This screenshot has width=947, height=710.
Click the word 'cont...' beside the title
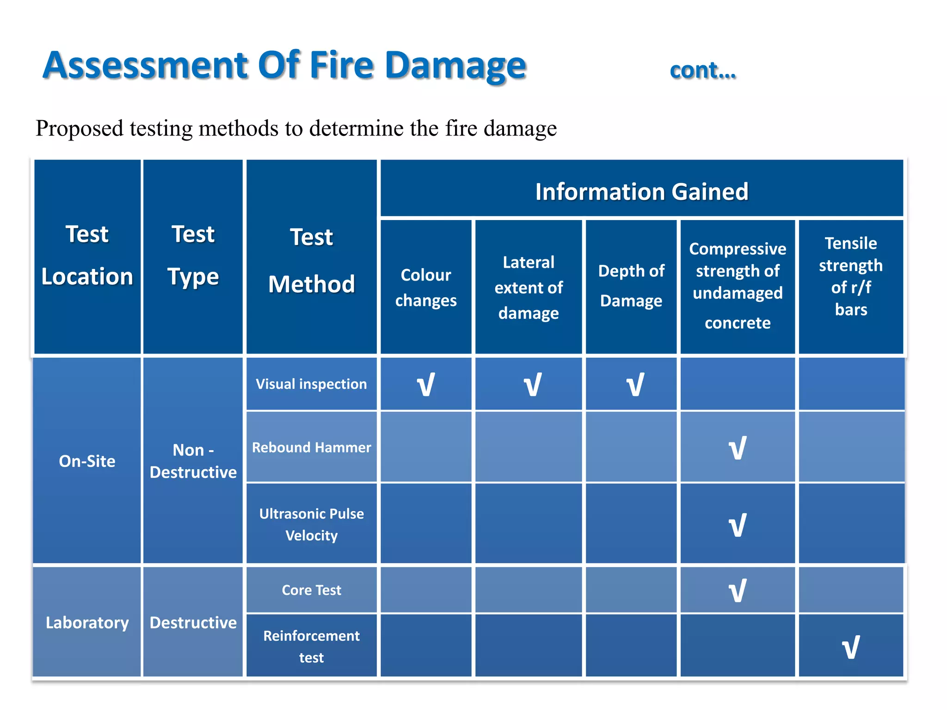[702, 71]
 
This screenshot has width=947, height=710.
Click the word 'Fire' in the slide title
[341, 65]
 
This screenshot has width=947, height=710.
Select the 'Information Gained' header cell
[641, 191]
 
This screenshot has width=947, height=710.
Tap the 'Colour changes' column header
[426, 288]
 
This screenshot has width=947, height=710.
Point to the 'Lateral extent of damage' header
[529, 288]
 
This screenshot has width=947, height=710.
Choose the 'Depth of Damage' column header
[631, 286]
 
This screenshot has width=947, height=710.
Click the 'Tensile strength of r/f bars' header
[851, 276]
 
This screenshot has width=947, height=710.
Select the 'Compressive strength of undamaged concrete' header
[738, 286]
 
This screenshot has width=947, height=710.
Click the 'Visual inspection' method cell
[311, 384]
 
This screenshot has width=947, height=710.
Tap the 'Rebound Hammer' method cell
[311, 447]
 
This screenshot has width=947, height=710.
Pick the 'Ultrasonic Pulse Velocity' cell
[311, 524]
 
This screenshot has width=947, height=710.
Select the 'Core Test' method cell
[311, 590]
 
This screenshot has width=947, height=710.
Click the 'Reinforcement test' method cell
[311, 646]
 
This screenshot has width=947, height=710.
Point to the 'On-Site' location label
[87, 461]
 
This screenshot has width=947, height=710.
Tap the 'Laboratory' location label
[87, 623]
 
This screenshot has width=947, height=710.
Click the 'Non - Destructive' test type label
[193, 461]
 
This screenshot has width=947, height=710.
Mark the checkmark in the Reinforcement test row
[851, 647]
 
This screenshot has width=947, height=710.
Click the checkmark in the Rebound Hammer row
[738, 448]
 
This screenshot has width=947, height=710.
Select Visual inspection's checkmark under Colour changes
[426, 385]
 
